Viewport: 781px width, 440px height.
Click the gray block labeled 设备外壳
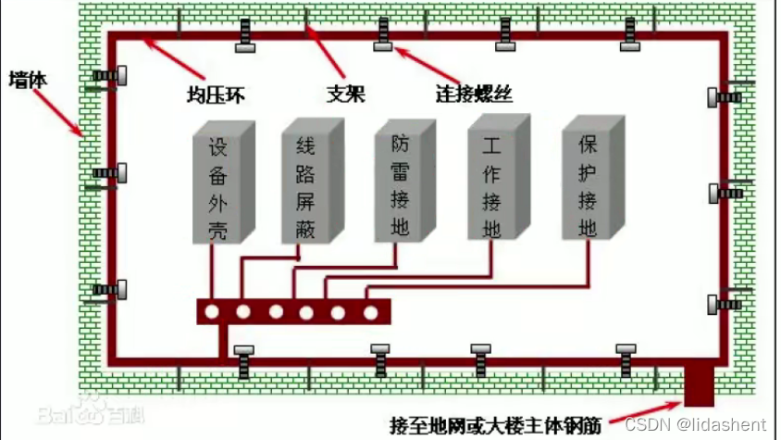(x=218, y=190)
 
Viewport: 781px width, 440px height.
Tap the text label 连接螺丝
(x=474, y=94)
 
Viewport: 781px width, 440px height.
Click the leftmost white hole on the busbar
(x=212, y=312)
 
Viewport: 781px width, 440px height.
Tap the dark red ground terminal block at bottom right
(x=699, y=385)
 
